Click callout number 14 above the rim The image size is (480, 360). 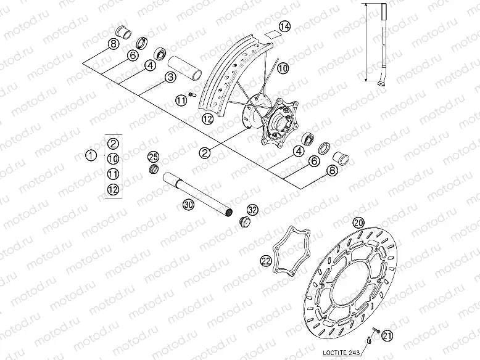(x=283, y=26)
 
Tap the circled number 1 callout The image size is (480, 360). (x=91, y=155)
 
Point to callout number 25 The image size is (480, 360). (x=154, y=156)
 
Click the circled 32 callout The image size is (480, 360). (x=253, y=210)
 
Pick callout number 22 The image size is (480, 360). (x=266, y=261)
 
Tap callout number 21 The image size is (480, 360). (x=387, y=335)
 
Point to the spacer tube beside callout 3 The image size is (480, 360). (x=187, y=67)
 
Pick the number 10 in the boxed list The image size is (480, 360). (x=113, y=158)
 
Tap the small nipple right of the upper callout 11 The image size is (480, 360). (x=192, y=94)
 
